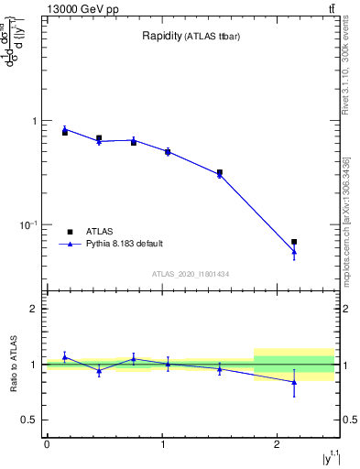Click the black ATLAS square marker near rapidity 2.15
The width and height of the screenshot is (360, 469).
[294, 242]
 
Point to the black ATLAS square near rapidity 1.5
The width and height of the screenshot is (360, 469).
[220, 172]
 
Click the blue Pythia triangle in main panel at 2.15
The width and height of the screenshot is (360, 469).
[294, 252]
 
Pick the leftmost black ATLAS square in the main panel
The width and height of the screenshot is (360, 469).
[65, 133]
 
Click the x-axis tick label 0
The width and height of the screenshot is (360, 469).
[47, 444]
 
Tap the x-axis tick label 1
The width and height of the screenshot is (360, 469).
[162, 444]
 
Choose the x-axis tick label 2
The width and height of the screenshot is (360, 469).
[277, 444]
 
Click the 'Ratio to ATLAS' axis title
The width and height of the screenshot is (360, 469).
[12, 365]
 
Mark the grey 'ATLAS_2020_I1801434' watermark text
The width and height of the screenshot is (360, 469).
[191, 274]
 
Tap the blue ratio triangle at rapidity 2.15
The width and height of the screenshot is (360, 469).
[294, 382]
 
